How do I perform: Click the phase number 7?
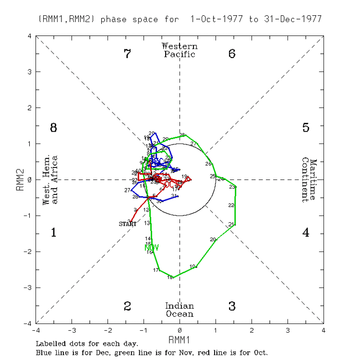click(x=127, y=54)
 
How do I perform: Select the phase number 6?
click(x=232, y=54)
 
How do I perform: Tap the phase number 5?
click(x=306, y=128)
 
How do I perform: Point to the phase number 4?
click(x=306, y=233)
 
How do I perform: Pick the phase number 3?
click(x=232, y=306)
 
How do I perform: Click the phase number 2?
click(x=127, y=306)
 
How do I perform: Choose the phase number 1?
click(x=54, y=233)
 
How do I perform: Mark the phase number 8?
click(x=54, y=128)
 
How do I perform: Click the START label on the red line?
click(x=128, y=224)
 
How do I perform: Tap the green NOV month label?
click(x=151, y=248)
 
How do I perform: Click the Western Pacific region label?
click(x=180, y=50)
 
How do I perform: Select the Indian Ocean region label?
click(x=180, y=310)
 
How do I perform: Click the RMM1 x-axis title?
click(x=180, y=340)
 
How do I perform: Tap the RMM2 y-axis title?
click(x=20, y=180)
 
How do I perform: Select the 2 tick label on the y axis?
click(x=29, y=108)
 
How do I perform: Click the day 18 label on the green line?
click(x=169, y=277)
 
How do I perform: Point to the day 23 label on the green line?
click(x=232, y=187)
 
